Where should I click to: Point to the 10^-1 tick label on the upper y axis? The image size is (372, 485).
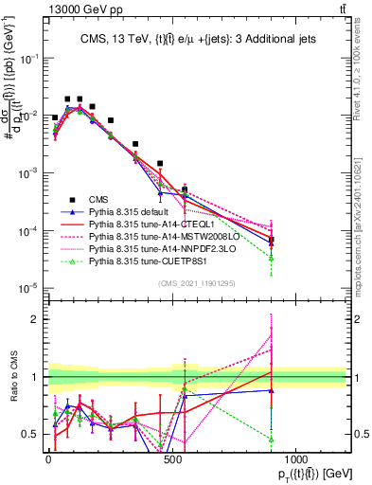pyautogui.click(x=27, y=58)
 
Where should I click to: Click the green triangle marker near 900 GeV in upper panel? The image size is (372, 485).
pyautogui.click(x=272, y=258)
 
